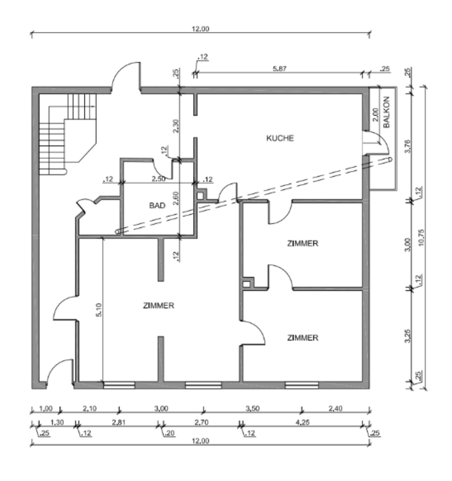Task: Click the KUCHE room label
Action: pos(279,139)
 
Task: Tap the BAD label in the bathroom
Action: pos(157,205)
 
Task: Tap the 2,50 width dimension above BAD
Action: pos(158,178)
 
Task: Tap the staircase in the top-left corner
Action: pos(67,133)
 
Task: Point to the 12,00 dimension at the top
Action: pos(200,29)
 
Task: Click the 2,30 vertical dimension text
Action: pos(175,125)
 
